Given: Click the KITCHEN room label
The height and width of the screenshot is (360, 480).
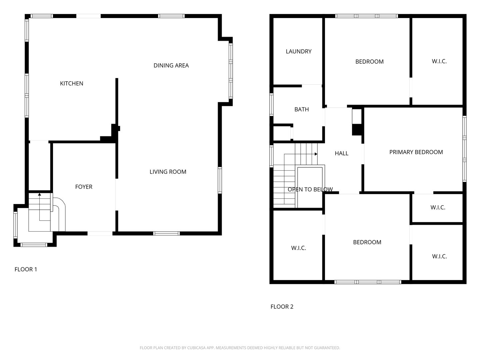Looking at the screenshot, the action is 72,83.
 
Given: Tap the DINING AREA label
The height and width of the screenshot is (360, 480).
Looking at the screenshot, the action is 171,66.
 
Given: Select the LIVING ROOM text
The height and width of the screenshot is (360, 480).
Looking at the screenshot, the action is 168,172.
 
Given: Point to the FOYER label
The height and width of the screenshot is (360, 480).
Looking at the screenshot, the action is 84,187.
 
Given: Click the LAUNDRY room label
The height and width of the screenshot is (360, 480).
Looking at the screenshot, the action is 298,52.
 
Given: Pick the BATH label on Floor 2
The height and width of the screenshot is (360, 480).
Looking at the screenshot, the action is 302,110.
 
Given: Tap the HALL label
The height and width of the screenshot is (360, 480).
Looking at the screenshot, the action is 341,153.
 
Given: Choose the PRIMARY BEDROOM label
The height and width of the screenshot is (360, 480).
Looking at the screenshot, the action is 416,152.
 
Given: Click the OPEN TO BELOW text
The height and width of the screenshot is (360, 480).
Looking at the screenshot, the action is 310,190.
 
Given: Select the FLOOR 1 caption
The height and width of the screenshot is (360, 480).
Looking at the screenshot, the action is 26,269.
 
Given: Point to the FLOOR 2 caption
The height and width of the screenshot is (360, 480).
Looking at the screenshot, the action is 282,307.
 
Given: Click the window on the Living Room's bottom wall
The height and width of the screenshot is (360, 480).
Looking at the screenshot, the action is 166,233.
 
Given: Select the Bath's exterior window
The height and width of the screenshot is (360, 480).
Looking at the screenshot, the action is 271,104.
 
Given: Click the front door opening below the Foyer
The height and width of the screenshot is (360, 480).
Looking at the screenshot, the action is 100,233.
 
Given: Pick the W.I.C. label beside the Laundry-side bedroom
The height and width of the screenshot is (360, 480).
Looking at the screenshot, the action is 439,61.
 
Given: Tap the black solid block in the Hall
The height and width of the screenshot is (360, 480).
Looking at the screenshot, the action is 357,129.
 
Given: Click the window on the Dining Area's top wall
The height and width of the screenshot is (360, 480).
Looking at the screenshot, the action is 171,16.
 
